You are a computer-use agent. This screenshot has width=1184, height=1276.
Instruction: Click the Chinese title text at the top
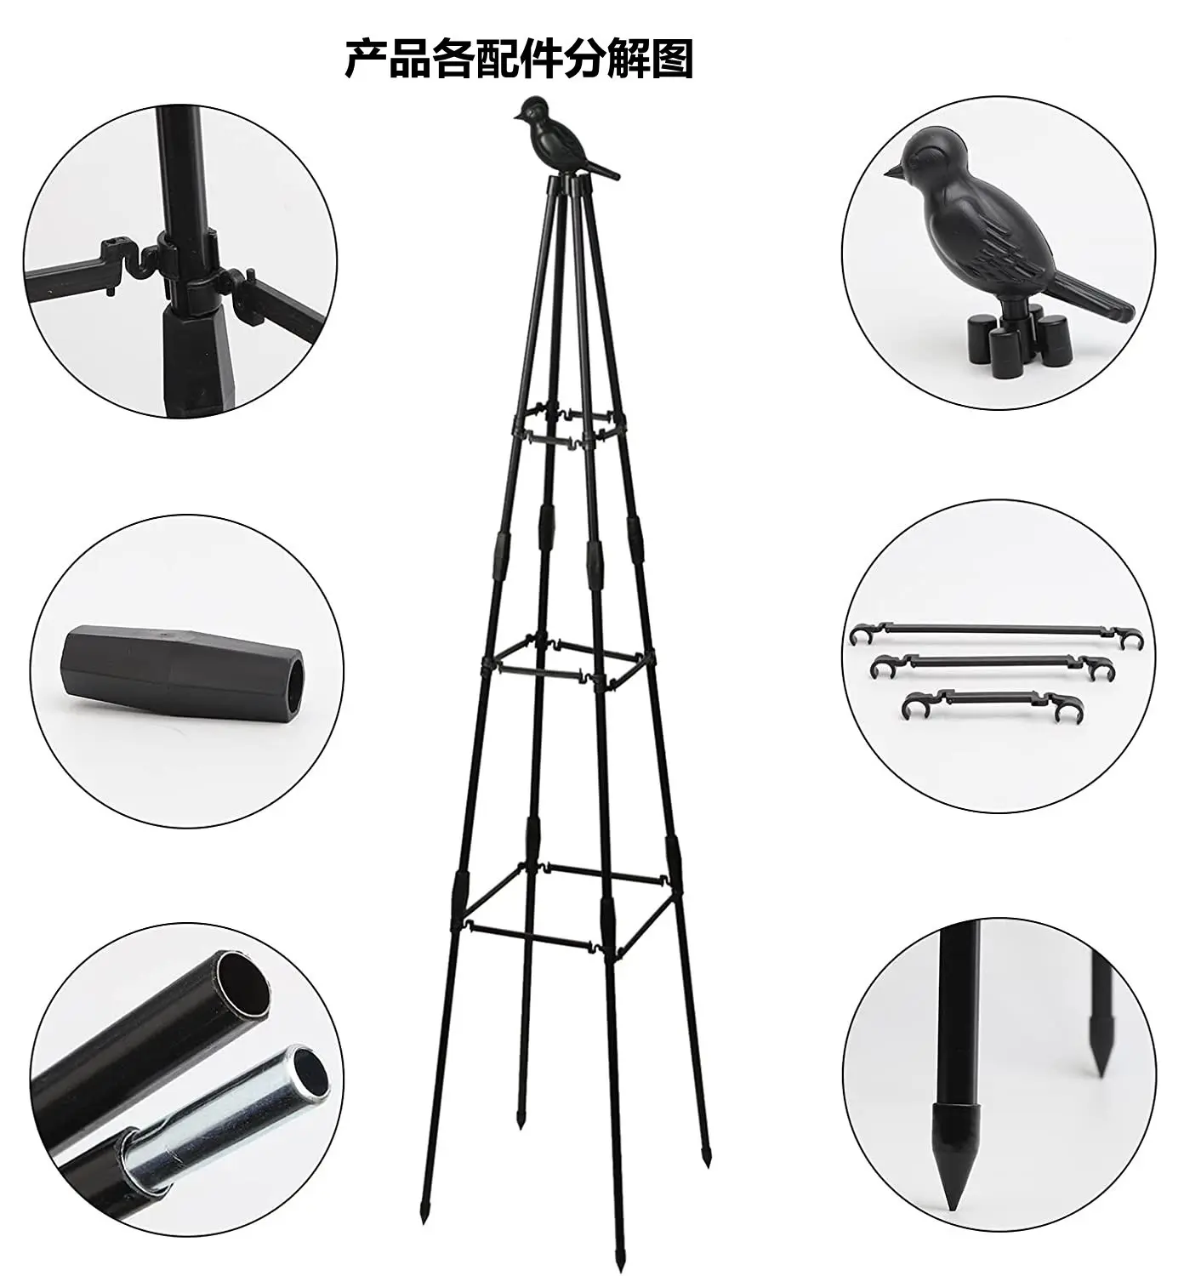tap(518, 60)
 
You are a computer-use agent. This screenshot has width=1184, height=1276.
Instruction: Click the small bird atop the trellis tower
tap(553, 140)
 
